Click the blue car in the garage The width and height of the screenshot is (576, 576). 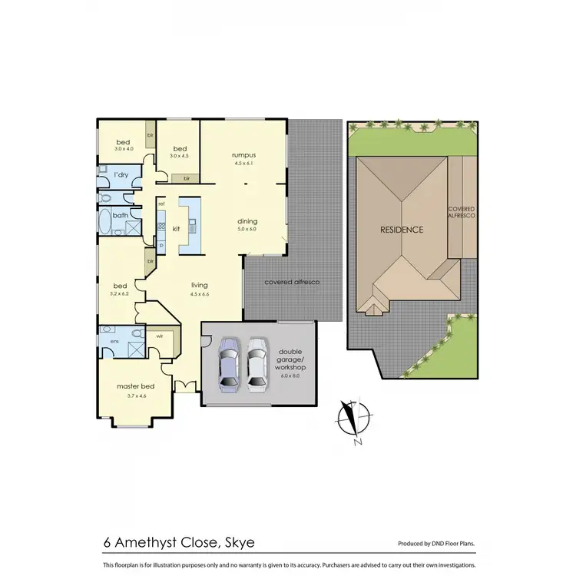(x=229, y=363)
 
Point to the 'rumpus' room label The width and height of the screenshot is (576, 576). (x=243, y=154)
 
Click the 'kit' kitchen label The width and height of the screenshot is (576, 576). (x=176, y=228)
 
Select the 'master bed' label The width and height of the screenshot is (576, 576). (x=131, y=386)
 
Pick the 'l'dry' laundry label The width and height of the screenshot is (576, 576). (x=121, y=175)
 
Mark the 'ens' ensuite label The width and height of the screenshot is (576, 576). (x=114, y=340)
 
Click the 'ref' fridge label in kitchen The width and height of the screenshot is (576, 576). (x=161, y=204)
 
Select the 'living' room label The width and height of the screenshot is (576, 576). (x=200, y=284)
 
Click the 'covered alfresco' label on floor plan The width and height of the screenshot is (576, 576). (x=291, y=282)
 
